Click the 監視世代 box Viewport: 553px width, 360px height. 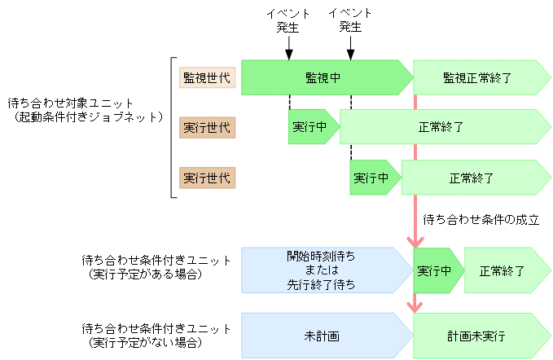(x=207, y=77)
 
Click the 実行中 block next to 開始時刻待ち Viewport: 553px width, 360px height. (x=438, y=270)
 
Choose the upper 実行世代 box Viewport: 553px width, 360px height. (x=207, y=127)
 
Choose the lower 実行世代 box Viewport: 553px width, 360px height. (x=207, y=177)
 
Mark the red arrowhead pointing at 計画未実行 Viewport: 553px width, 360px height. (x=416, y=306)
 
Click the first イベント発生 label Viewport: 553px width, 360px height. (x=287, y=20)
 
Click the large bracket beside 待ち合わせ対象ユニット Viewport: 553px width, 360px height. (x=172, y=127)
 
